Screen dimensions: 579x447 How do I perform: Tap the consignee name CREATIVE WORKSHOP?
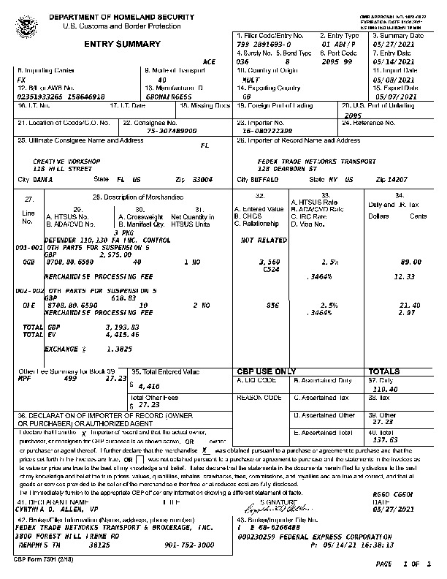[67, 161]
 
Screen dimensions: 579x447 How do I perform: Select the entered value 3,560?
[270, 261]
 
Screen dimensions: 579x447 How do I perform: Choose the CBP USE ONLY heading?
[267, 371]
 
